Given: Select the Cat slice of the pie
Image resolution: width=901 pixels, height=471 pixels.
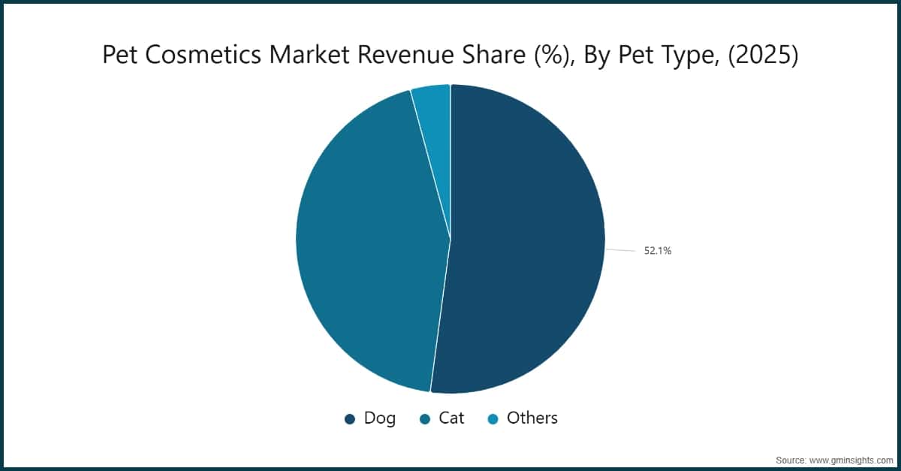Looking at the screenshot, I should tap(368, 240).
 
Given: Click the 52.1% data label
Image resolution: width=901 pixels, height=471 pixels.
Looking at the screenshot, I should tap(657, 252).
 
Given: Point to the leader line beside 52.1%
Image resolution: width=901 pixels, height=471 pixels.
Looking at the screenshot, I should tap(619, 250).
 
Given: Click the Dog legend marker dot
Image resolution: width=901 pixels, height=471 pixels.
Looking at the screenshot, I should tap(350, 419).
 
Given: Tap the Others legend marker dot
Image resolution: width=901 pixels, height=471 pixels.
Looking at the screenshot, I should tap(493, 419).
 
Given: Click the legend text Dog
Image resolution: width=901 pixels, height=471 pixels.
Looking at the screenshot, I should tap(379, 418).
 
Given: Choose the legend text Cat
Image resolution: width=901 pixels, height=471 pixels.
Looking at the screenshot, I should tap(451, 418).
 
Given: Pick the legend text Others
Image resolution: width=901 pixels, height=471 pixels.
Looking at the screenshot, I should tap(532, 418).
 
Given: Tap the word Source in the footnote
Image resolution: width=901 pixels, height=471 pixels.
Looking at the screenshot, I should tap(791, 458).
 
